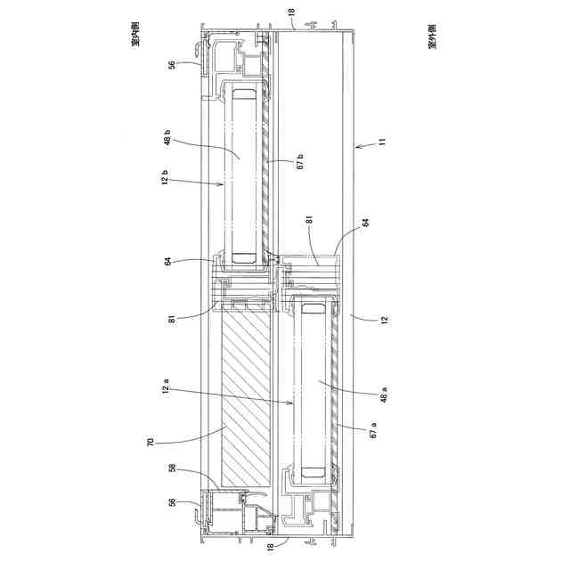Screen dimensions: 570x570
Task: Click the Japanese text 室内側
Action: pyautogui.click(x=135, y=35)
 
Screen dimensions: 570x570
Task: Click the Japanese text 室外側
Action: pyautogui.click(x=433, y=37)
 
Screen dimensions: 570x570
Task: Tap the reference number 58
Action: pyautogui.click(x=173, y=468)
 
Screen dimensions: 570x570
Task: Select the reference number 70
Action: pyautogui.click(x=151, y=442)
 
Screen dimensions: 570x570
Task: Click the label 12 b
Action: pyautogui.click(x=165, y=176)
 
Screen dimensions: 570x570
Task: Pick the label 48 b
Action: pyautogui.click(x=167, y=137)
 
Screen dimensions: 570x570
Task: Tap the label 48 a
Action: pyautogui.click(x=384, y=395)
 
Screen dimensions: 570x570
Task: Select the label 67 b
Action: pyautogui.click(x=300, y=162)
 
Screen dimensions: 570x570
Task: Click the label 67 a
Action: pyautogui.click(x=373, y=429)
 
